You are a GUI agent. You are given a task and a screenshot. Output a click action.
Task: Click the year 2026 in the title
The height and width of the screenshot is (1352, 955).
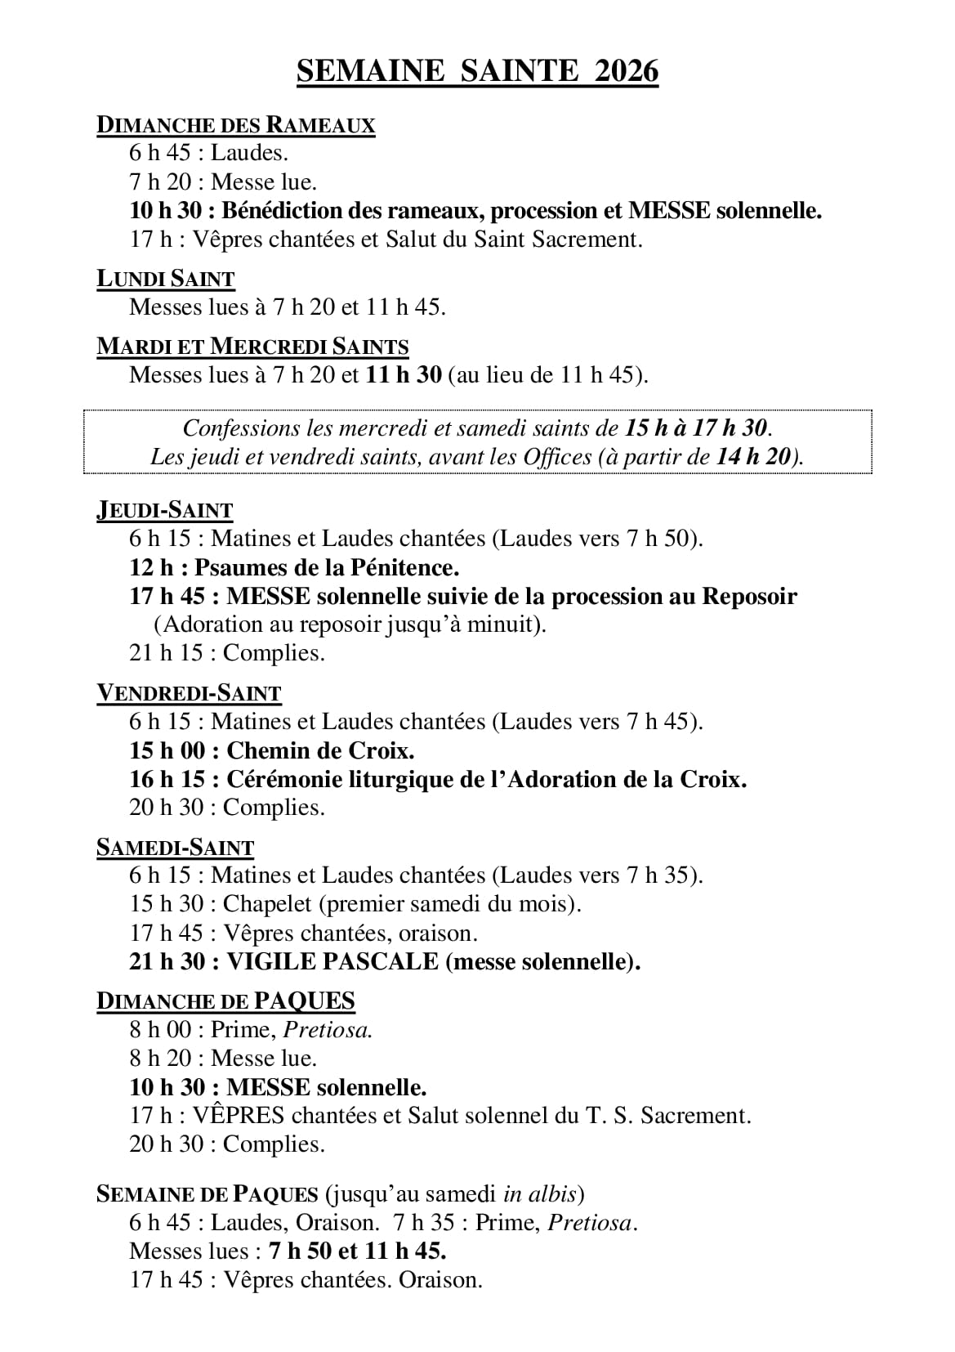[x=627, y=72]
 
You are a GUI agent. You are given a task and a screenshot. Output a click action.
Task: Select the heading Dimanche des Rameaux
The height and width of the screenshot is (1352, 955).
[x=235, y=125]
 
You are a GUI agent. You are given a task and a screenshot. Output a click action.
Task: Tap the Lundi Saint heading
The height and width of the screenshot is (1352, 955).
[x=165, y=279]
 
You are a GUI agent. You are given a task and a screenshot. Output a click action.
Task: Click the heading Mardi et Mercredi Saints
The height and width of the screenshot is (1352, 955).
[x=252, y=347]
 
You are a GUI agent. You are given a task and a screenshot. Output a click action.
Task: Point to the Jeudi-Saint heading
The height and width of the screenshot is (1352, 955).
[x=164, y=511]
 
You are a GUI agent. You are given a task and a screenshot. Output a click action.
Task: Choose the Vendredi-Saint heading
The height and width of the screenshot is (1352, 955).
[x=189, y=693]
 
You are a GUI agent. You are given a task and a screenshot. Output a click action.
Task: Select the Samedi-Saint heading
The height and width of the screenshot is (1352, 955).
[x=175, y=848]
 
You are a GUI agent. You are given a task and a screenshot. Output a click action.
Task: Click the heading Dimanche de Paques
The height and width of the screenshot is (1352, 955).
[x=225, y=1001]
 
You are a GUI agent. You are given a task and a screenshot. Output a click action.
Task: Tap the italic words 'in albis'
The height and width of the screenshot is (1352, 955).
[x=541, y=1194]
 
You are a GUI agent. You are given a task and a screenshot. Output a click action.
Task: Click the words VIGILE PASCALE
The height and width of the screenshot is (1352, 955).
[x=332, y=961]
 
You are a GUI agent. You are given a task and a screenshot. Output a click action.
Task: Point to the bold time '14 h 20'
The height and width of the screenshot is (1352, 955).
[x=754, y=456]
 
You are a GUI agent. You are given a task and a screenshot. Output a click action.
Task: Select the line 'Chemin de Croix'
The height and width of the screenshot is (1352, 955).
[x=320, y=750]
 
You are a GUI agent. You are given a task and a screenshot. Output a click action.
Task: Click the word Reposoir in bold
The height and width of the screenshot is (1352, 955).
[x=749, y=596]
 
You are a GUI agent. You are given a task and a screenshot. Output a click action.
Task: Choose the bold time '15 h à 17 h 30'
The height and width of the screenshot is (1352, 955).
[x=697, y=428]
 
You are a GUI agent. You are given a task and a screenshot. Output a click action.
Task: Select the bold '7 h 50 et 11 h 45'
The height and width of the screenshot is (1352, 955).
[x=357, y=1251]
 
